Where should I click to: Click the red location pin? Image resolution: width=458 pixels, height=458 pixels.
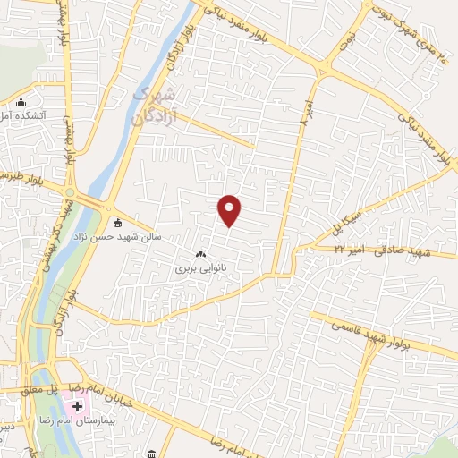(x=230, y=210)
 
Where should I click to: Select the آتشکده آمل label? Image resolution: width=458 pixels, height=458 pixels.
(x=17, y=116)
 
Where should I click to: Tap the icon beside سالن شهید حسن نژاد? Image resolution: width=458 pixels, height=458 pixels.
(x=117, y=223)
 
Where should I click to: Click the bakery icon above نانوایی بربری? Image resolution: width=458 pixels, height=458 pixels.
(x=199, y=253)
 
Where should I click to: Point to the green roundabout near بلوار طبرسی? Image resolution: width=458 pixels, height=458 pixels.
(x=71, y=191)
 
